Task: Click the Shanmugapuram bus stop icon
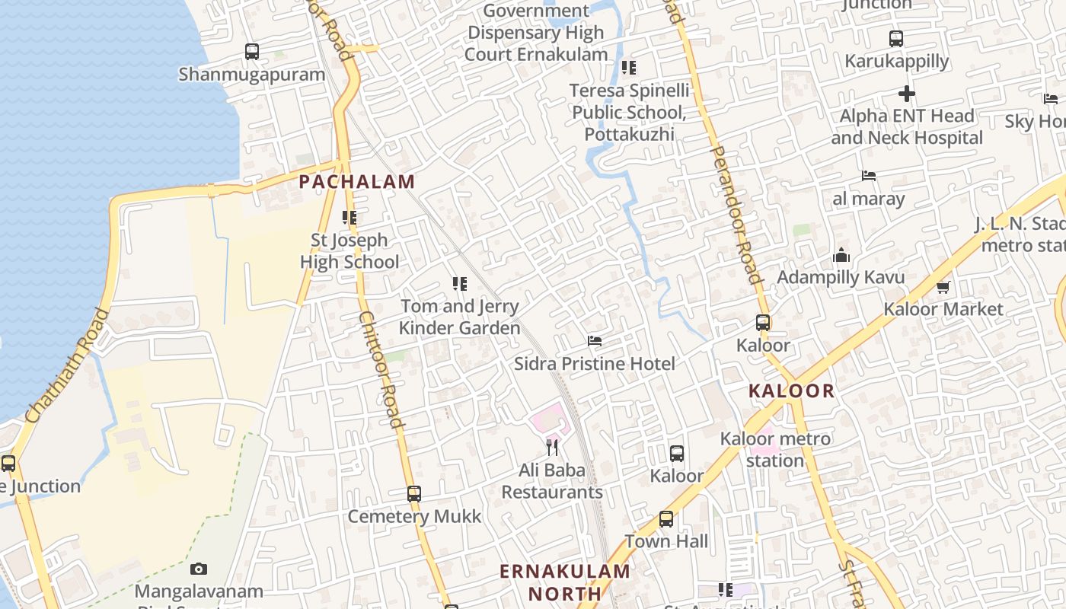[x=252, y=52]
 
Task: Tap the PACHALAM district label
[x=357, y=182]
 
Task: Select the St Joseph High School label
[x=349, y=251]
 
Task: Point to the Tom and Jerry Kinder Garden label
[x=460, y=317]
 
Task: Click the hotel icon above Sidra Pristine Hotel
[x=595, y=341]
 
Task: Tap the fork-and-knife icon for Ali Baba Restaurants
[x=553, y=447]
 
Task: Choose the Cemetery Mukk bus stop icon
[x=414, y=493]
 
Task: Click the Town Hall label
[x=666, y=541]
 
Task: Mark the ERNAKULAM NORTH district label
[x=565, y=582]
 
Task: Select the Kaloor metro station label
[x=775, y=449]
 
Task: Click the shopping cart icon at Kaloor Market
[x=943, y=287]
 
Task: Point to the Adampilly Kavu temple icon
[x=841, y=255]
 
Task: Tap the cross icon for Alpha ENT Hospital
[x=907, y=94]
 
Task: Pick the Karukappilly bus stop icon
[x=896, y=38]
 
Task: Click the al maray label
[x=869, y=199]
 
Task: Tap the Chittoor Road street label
[x=380, y=370]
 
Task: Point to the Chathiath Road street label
[x=67, y=365]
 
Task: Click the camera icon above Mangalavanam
[x=199, y=569]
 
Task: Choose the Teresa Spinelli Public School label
[x=630, y=113]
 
